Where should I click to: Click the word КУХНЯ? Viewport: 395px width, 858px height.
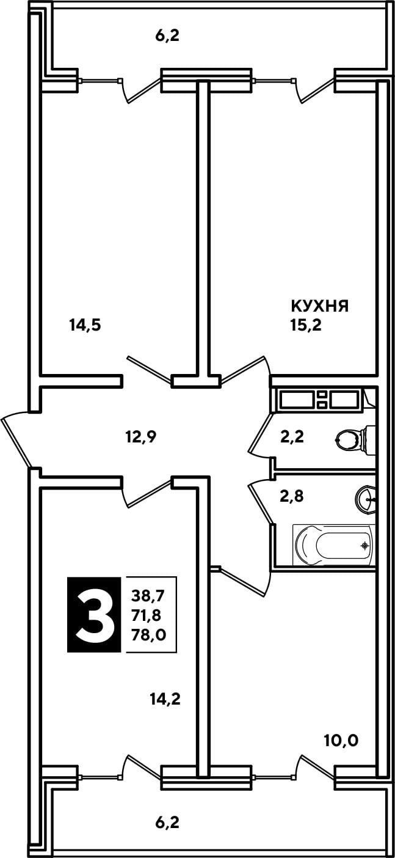(x=320, y=306)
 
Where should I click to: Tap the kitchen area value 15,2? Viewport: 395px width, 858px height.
(x=305, y=325)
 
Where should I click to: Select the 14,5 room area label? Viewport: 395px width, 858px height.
(x=85, y=326)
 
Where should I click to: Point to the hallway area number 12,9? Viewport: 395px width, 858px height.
(x=140, y=436)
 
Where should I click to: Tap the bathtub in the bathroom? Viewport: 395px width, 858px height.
(x=333, y=545)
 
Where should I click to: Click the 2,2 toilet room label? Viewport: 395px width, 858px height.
(x=292, y=437)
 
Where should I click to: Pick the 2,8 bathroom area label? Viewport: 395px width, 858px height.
(x=292, y=496)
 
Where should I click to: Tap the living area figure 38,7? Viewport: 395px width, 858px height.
(x=148, y=595)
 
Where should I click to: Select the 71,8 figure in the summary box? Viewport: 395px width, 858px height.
(x=146, y=615)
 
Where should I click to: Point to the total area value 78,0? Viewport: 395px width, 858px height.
(x=148, y=635)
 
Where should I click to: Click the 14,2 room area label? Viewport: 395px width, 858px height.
(x=165, y=700)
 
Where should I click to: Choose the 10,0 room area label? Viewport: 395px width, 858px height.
(x=341, y=741)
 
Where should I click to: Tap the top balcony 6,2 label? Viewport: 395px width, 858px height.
(x=167, y=36)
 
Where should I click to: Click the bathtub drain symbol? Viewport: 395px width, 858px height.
(x=366, y=545)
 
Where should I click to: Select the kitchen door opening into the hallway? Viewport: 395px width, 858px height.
(x=245, y=370)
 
